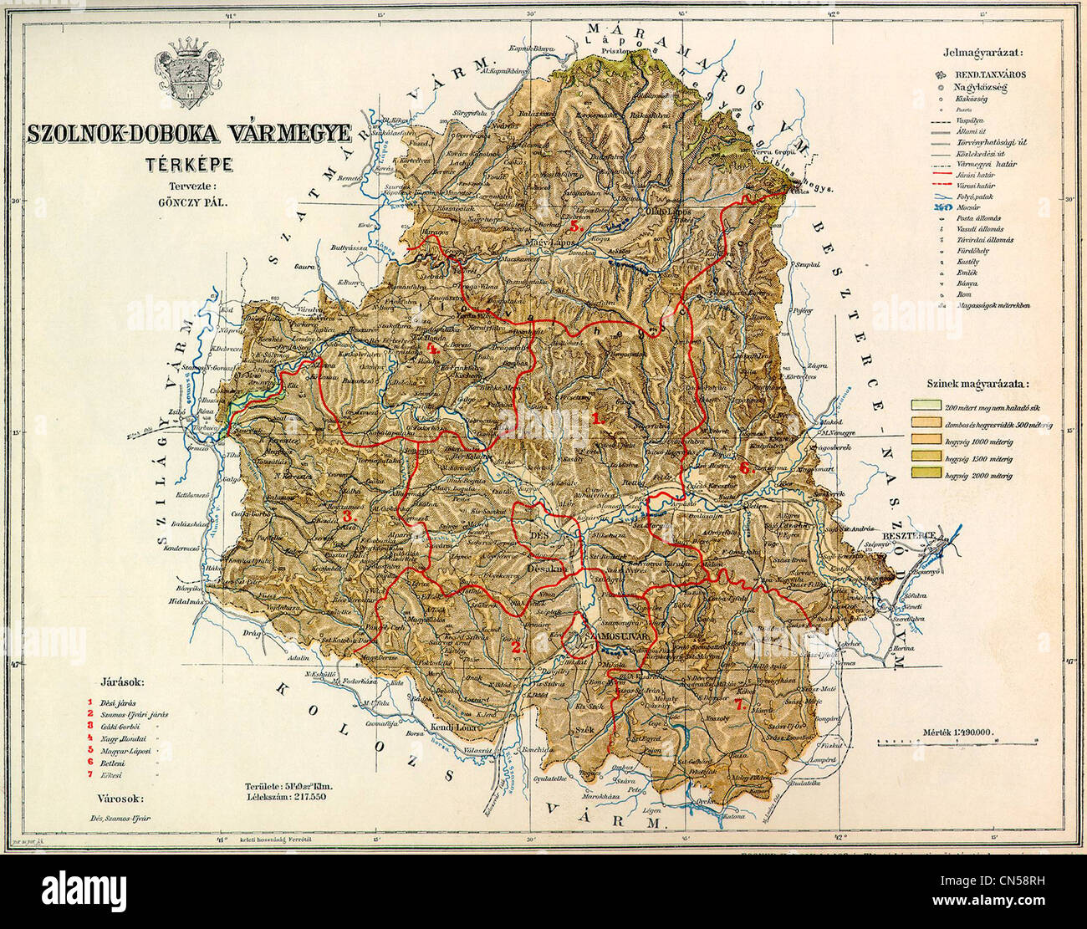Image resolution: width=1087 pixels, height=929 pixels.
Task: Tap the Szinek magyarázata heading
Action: tap(977, 384)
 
